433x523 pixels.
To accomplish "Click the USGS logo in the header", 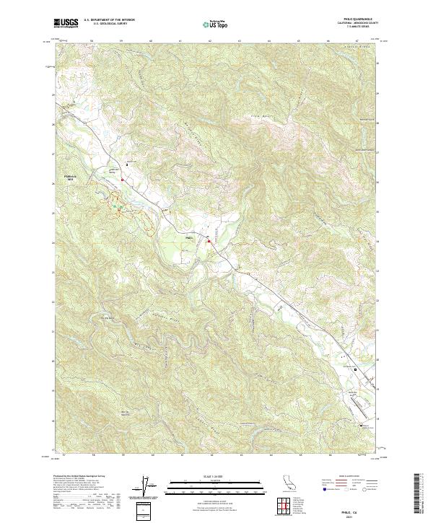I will click(66, 23).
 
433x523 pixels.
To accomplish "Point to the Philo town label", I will click(190, 237).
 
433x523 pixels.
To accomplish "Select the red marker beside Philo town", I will click(209, 241).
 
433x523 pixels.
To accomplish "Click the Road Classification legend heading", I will click(346, 477).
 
